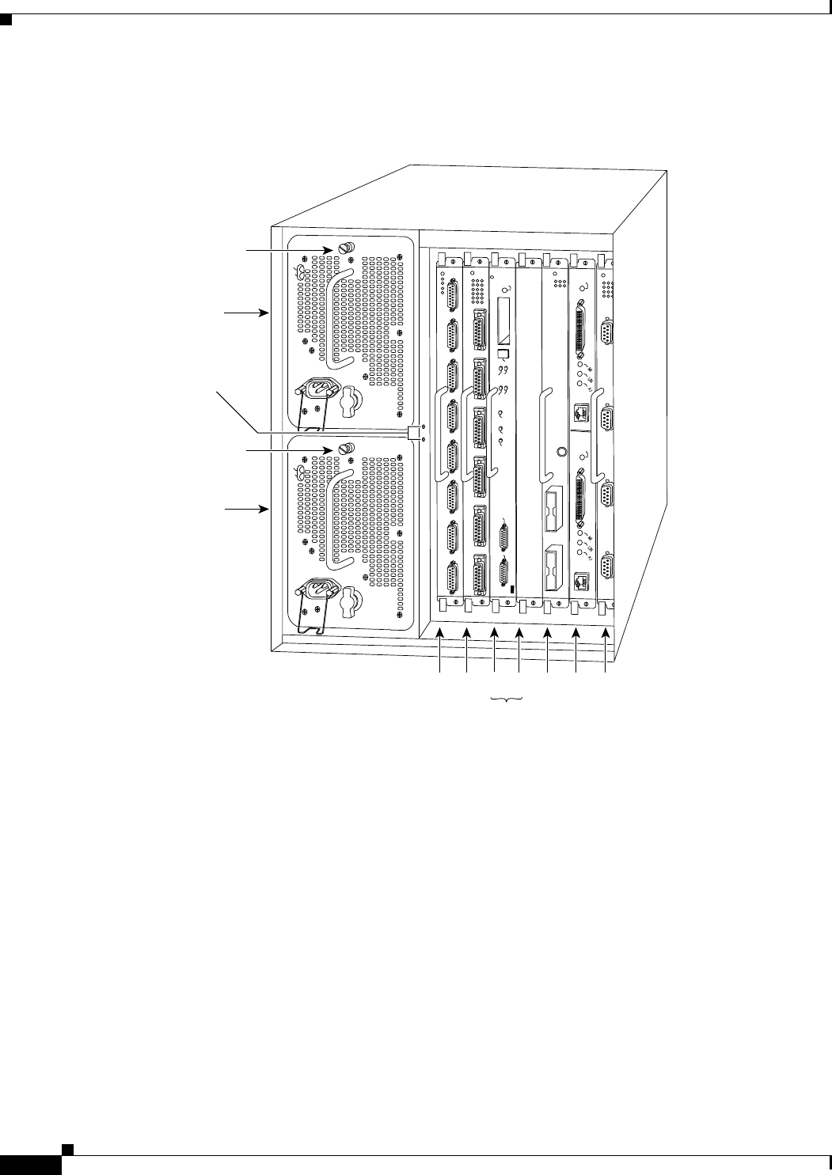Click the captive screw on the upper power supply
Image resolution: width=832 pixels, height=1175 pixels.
[x=346, y=249]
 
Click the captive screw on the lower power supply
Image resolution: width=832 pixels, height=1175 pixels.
[x=346, y=449]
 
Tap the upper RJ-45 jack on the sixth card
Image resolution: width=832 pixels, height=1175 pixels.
[x=581, y=410]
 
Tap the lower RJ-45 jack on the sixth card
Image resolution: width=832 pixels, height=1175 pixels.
[x=581, y=580]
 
